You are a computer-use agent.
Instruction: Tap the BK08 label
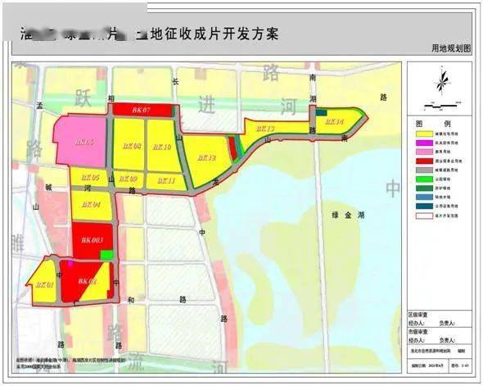pyautogui.click(x=131, y=146)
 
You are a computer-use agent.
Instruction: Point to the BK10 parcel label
pyautogui.click(x=161, y=147)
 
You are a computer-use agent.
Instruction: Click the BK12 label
pyautogui.click(x=205, y=157)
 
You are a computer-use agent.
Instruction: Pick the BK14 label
pyautogui.click(x=335, y=122)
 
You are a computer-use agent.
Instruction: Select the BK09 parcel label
pyautogui.click(x=128, y=178)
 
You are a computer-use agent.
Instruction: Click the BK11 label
pyautogui.click(x=165, y=179)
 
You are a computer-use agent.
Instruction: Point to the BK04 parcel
pyautogui.click(x=91, y=204)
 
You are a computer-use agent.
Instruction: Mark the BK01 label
pyautogui.click(x=44, y=284)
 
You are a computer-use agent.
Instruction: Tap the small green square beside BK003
pyautogui.click(x=106, y=255)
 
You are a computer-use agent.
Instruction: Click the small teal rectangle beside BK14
pyautogui.click(x=322, y=113)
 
